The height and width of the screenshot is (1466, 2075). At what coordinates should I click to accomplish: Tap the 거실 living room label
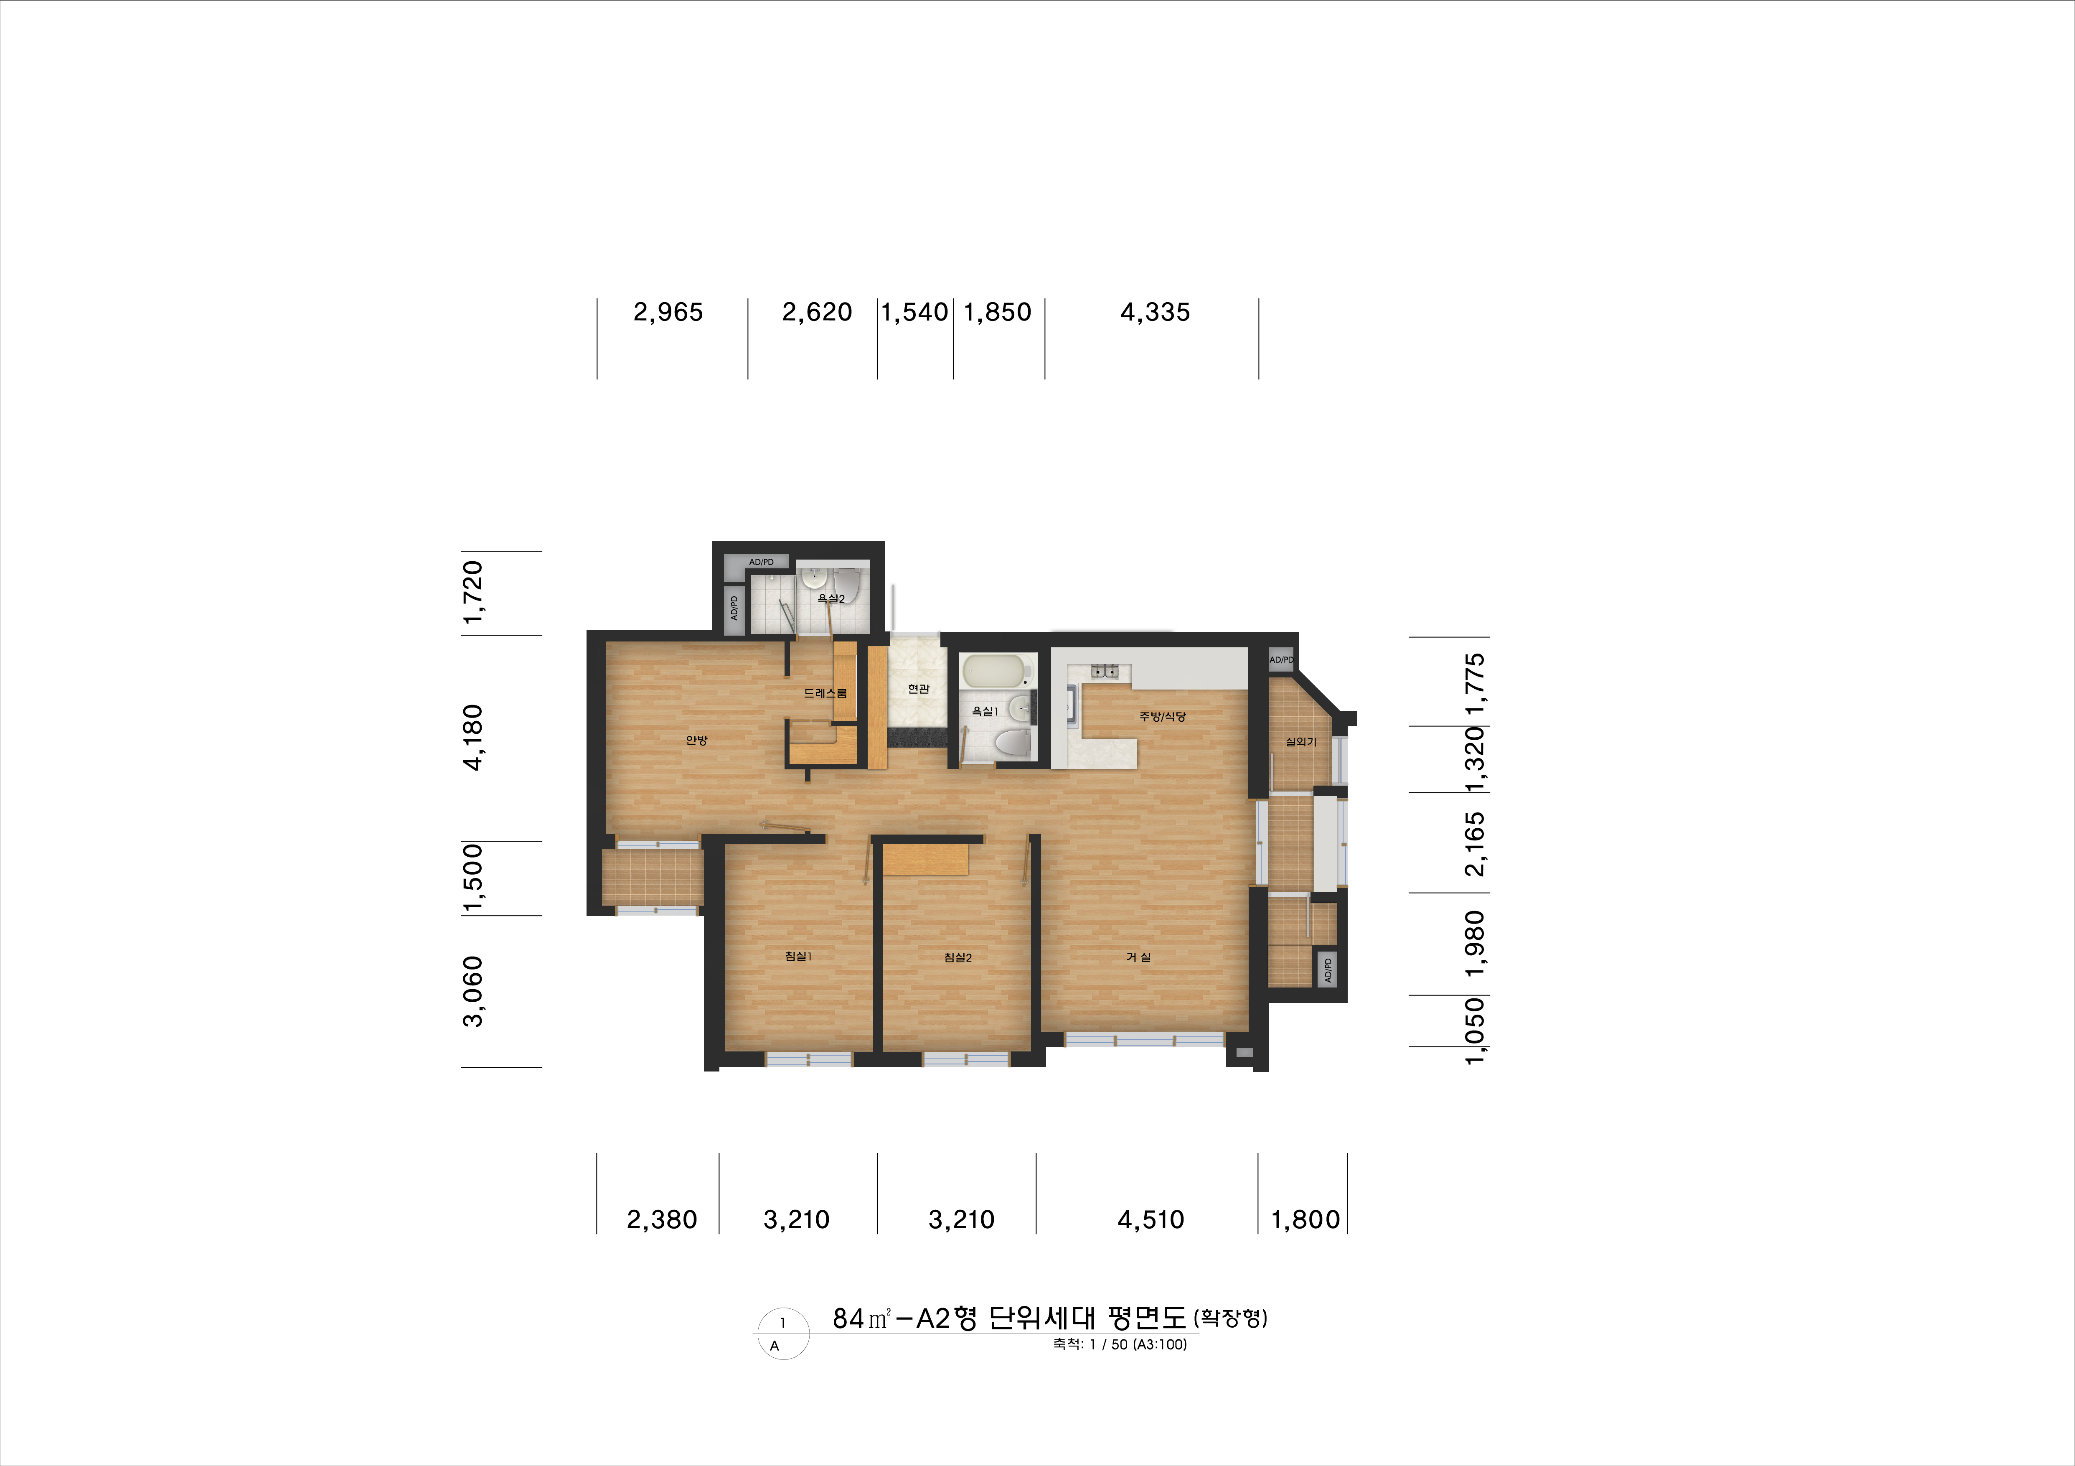1138,957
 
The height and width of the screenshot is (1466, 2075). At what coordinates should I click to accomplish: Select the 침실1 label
798,956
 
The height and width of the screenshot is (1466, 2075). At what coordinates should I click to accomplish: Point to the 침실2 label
957,957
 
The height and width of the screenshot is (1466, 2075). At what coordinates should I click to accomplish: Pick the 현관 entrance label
918,689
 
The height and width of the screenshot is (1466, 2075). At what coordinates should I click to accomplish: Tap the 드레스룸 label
825,693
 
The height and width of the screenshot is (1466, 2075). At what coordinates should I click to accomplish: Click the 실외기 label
1300,742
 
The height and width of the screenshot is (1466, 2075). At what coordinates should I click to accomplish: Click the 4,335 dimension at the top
1155,313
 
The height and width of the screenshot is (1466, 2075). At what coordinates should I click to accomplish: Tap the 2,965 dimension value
668,313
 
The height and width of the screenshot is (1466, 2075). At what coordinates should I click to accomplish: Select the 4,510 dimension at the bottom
1151,1220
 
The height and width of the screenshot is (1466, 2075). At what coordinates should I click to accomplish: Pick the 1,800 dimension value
1305,1220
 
